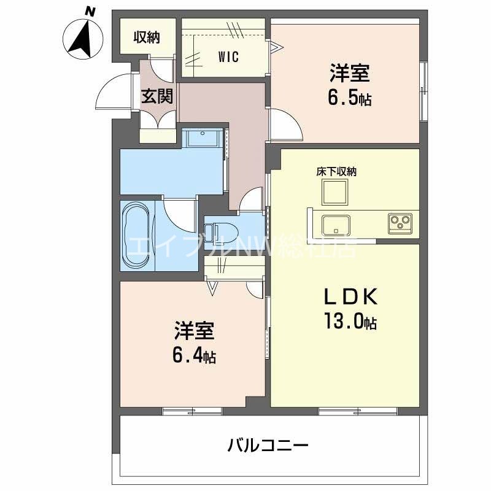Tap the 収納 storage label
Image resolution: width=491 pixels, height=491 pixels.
(x=147, y=37)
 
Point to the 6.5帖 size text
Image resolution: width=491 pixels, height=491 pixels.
(x=349, y=99)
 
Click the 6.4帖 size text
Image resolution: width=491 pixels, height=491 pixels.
(x=193, y=356)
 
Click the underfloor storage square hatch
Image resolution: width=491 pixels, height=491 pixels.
(x=334, y=193)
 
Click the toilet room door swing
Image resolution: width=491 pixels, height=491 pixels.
(x=252, y=199)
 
